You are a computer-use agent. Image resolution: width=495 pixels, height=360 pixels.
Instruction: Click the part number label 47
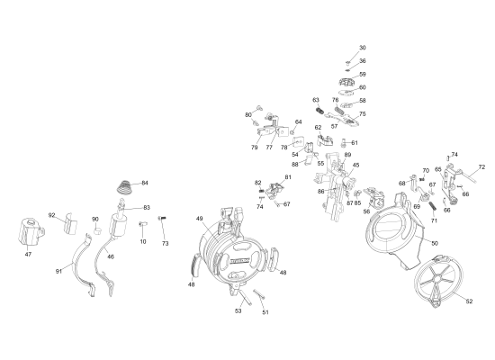(x=28, y=254)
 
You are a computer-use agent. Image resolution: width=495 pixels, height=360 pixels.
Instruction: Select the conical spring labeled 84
(x=125, y=188)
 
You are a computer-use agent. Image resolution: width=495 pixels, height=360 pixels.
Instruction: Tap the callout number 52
(x=469, y=301)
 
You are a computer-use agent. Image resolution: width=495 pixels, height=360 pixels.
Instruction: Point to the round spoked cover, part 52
(x=438, y=281)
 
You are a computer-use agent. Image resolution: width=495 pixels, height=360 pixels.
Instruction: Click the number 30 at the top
(x=363, y=48)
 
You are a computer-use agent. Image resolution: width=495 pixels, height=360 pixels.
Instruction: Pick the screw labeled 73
(x=162, y=218)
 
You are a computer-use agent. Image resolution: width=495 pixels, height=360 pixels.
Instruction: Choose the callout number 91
(x=58, y=271)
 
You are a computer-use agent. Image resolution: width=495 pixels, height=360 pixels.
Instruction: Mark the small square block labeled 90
(x=97, y=229)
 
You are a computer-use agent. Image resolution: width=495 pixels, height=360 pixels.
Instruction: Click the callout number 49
(x=199, y=219)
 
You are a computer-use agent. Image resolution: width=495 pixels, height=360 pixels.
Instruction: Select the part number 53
(x=238, y=310)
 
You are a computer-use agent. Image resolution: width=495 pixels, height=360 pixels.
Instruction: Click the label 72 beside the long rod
(x=481, y=167)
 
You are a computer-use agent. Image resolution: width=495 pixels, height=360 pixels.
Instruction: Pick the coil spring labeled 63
(x=319, y=111)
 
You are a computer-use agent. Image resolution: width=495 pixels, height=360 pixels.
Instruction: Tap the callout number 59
(x=363, y=74)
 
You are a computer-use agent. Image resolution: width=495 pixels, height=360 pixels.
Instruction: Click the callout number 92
(x=52, y=215)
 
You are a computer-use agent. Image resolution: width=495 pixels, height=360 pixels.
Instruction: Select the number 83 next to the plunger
(x=147, y=208)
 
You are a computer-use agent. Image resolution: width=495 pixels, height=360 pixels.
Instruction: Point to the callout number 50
(x=435, y=244)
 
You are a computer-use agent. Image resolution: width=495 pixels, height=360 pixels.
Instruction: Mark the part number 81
(x=288, y=177)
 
